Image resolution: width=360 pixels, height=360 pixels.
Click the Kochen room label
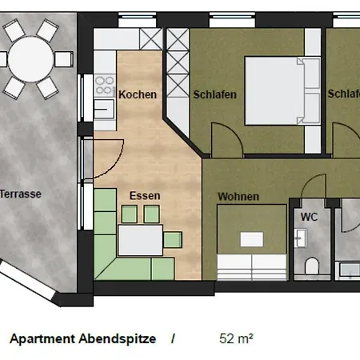pyautogui.click(x=138, y=94)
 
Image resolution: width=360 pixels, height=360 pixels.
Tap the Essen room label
pyautogui.click(x=145, y=196)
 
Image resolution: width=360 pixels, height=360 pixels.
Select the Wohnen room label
pyautogui.click(x=238, y=197)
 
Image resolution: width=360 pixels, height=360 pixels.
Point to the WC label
pyautogui.click(x=310, y=217)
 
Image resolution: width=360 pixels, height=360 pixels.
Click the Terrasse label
pyautogui.click(x=21, y=194)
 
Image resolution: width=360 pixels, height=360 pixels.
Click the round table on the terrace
pyautogui.click(x=30, y=59)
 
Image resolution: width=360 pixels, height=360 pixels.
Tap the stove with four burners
pyautogui.click(x=105, y=86)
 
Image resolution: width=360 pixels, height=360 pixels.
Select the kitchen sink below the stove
pyautogui.click(x=104, y=109)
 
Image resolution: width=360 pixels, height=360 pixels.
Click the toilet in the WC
pyautogui.click(x=311, y=266)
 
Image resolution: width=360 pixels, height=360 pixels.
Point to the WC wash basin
pyautogui.click(x=300, y=238)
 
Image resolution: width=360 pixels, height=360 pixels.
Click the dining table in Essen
pyautogui.click(x=141, y=240)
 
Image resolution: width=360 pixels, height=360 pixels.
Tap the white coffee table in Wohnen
pyautogui.click(x=252, y=239)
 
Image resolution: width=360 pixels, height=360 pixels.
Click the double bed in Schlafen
pyautogui.click(x=282, y=90)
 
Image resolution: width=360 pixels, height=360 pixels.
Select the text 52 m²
pyautogui.click(x=236, y=338)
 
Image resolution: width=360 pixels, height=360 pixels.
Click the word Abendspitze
pyautogui.click(x=118, y=339)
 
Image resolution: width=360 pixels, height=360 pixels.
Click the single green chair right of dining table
pyautogui.click(x=173, y=240)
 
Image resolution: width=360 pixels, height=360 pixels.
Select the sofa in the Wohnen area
pyautogui.click(x=252, y=266)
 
